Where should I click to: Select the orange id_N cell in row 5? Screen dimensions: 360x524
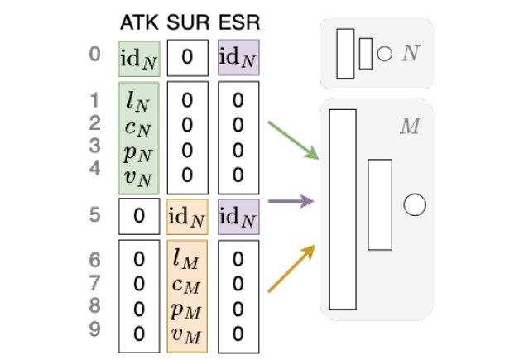[x=188, y=217]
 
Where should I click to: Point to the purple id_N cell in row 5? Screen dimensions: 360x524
[x=238, y=217]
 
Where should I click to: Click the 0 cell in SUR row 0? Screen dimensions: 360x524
[x=188, y=57]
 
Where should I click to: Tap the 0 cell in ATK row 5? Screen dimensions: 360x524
[x=138, y=217]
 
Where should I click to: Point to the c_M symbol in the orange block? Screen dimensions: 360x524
[x=187, y=285]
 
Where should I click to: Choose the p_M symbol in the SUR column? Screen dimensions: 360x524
[x=187, y=310]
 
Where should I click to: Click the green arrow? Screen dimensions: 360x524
[x=292, y=140]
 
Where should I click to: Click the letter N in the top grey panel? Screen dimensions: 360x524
[x=409, y=55]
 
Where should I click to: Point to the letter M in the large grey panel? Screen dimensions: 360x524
[x=409, y=127]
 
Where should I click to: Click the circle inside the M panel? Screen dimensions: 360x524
[x=414, y=204]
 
